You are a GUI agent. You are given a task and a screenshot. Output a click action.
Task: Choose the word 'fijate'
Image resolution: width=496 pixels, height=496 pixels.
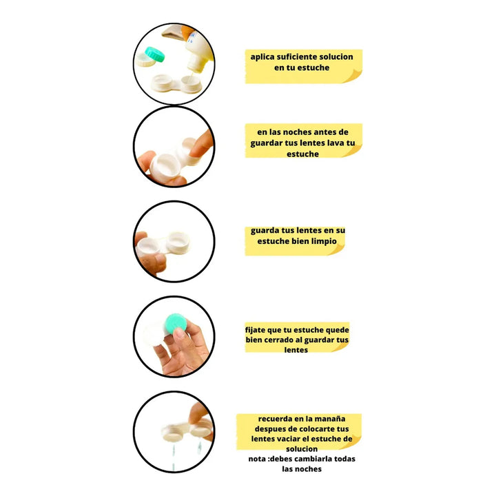(256, 330)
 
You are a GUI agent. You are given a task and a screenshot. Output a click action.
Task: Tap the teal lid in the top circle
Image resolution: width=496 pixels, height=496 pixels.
(155, 54)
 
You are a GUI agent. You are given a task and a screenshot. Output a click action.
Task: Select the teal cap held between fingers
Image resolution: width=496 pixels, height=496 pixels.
(176, 322)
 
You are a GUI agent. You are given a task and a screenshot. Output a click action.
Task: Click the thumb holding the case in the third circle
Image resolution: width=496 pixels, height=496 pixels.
(141, 238)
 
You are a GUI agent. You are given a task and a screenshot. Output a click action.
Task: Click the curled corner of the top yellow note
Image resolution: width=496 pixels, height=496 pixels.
(353, 76)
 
